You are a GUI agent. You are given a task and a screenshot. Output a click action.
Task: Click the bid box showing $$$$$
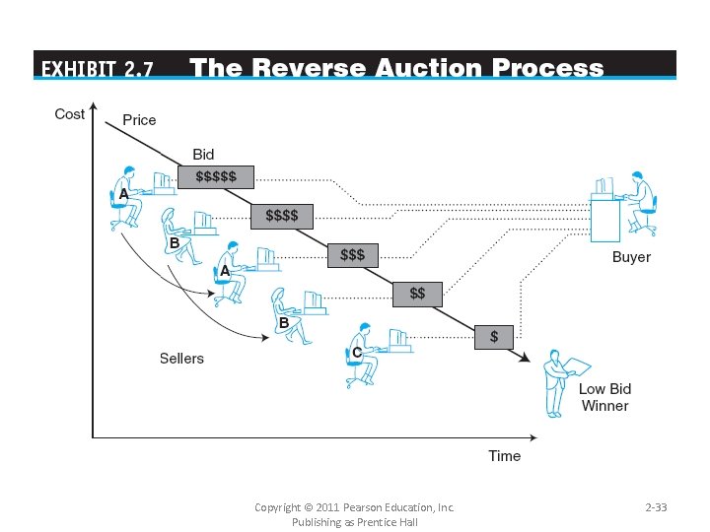[x=216, y=176]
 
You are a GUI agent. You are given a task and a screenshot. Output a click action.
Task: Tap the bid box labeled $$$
[x=352, y=254]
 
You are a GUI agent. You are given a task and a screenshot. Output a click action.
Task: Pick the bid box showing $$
[x=418, y=294]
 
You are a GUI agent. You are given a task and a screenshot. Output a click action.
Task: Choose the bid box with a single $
[x=494, y=336]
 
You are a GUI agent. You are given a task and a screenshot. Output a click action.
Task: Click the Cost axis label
[x=69, y=114]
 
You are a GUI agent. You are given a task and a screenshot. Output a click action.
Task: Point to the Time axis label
[x=504, y=456]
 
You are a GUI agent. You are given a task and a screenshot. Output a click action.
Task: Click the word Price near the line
[x=139, y=120]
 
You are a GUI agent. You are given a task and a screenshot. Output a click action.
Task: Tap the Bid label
[x=203, y=155]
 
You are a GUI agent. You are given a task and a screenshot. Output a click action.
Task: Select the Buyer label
[x=631, y=257]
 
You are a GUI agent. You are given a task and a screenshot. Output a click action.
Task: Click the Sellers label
[x=181, y=359]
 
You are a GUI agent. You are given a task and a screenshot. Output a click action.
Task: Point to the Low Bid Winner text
[x=604, y=397]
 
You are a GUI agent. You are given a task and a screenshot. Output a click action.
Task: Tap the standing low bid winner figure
[x=560, y=382]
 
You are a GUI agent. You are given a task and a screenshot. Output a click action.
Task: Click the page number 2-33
[x=656, y=507]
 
